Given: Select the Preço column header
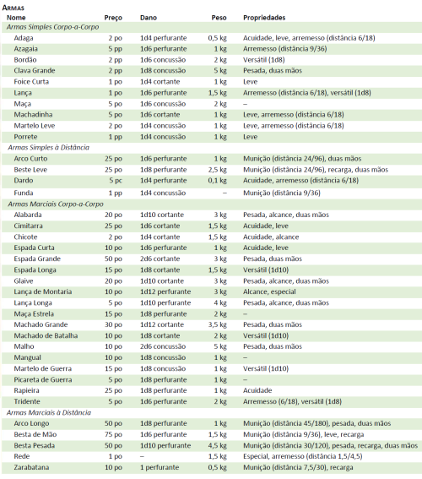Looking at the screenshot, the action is [113, 17].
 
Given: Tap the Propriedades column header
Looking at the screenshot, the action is [264, 17].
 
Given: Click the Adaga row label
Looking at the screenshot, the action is [24, 38].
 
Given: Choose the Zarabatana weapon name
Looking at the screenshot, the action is [32, 466].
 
